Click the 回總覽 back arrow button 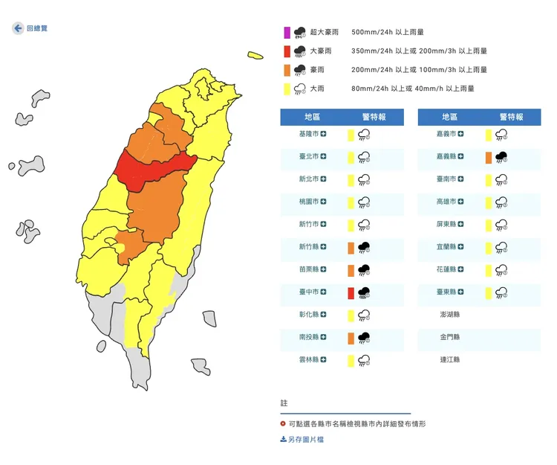[x=18, y=28]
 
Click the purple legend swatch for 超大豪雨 [x=287, y=33]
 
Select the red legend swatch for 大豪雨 [x=287, y=51]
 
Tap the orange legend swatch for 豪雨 [x=287, y=70]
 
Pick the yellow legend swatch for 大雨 [x=287, y=89]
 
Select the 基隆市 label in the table [x=308, y=134]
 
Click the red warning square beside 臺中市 [x=351, y=292]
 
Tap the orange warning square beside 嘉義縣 [x=488, y=157]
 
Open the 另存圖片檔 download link [x=302, y=440]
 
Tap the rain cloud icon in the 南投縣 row [x=364, y=338]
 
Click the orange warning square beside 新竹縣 [x=351, y=247]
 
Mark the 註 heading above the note [x=284, y=403]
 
